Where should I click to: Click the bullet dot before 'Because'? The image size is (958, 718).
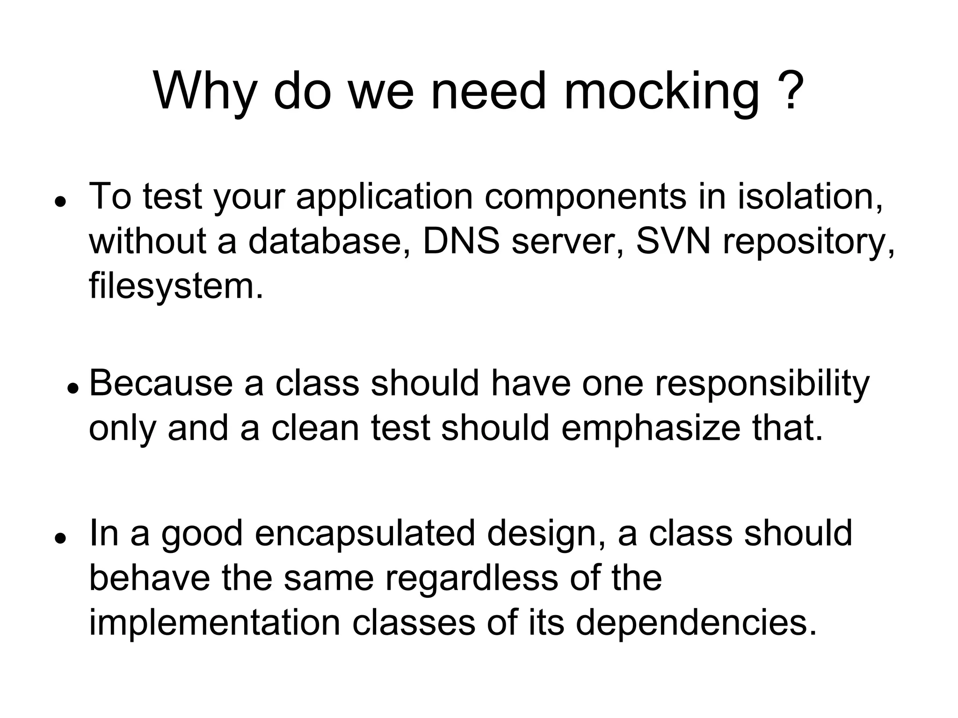pos(72,388)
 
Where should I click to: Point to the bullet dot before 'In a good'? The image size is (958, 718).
pos(59,538)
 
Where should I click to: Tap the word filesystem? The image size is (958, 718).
pos(176,286)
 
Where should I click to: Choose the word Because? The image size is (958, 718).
pos(161,383)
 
